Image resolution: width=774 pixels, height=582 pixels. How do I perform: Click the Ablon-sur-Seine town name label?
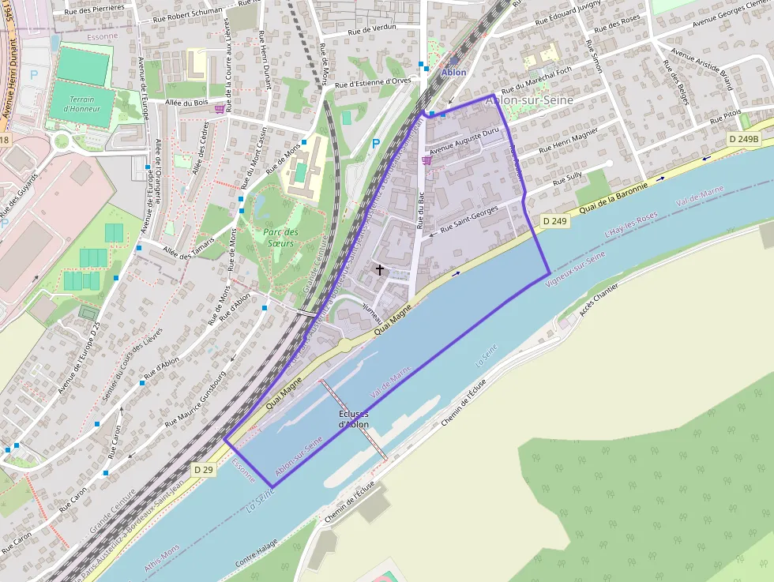pos(529,100)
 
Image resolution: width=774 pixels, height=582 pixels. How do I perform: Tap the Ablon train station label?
pos(453,72)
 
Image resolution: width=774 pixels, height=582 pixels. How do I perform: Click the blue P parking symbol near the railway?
pos(375,144)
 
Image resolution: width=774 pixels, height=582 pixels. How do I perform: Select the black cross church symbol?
pos(379,270)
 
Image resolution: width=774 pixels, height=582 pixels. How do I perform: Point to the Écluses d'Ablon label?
pos(353,419)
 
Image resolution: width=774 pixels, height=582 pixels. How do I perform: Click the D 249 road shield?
pos(555,221)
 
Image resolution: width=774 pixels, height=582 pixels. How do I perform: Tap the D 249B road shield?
pos(743,139)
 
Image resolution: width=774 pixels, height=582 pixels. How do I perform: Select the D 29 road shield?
pos(203,470)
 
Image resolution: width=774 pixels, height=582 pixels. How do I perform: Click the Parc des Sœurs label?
pos(280,238)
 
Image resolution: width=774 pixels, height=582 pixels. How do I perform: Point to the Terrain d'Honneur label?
pos(82,104)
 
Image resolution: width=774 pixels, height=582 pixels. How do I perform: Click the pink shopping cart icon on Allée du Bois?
pos(220,110)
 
